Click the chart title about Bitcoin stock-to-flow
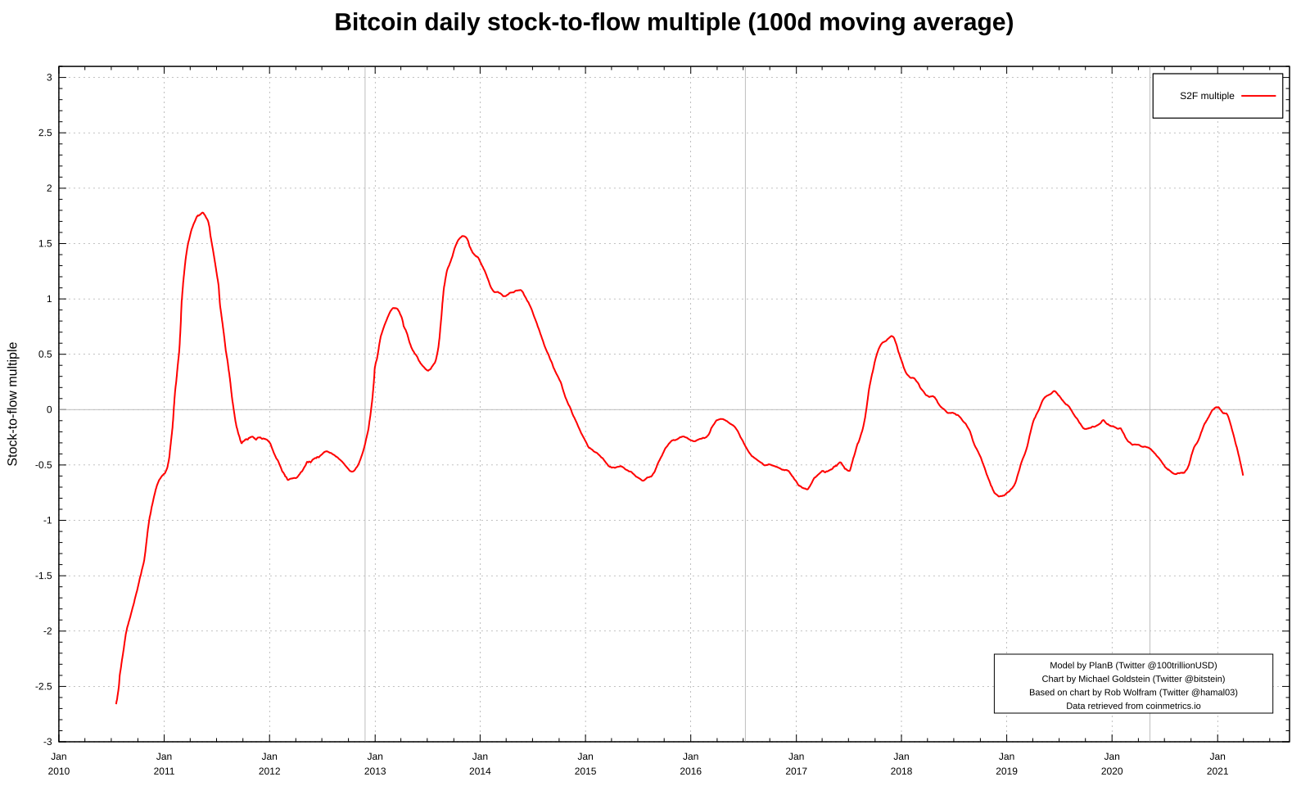[x=673, y=22]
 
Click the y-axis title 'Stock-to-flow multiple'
[x=12, y=404]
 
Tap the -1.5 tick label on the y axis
[x=43, y=576]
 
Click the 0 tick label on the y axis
[x=49, y=409]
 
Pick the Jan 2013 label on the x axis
[x=375, y=763]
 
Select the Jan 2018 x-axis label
[x=901, y=763]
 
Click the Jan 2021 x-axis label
[x=1217, y=763]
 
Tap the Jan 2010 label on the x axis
[x=59, y=763]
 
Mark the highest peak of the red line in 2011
[x=203, y=213]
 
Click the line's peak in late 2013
[x=463, y=236]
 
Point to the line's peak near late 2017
[x=892, y=336]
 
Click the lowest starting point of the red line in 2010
[x=116, y=703]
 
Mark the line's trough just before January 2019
[x=1000, y=496]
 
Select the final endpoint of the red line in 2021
[x=1243, y=475]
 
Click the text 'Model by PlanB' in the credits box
[x=1133, y=666]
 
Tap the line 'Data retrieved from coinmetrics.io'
[x=1133, y=706]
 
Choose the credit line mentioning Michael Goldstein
[x=1133, y=679]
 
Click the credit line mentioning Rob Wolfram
[x=1133, y=692]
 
